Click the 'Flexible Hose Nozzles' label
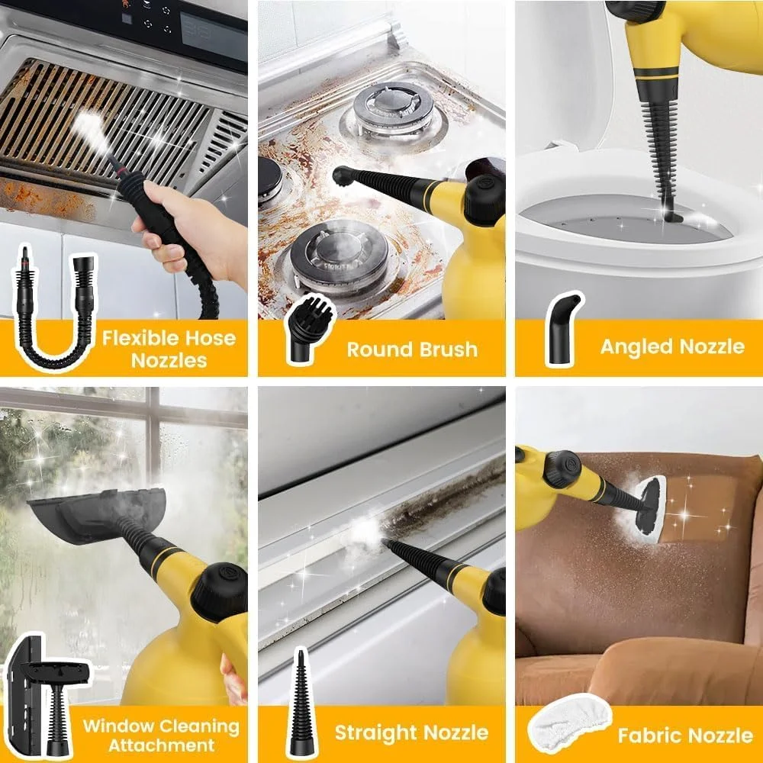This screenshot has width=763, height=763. pos(169,349)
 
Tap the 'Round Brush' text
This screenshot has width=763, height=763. pos(412,349)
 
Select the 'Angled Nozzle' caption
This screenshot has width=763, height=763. pos(672,346)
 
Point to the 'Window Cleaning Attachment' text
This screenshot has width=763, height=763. pos(161,736)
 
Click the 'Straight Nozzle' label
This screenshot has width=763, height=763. pos(411,732)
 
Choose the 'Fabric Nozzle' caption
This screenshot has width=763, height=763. pos(685,736)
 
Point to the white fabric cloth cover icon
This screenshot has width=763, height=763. pos(569,724)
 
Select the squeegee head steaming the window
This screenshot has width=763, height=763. pos(98,514)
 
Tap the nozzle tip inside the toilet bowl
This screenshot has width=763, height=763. pos(673,216)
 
